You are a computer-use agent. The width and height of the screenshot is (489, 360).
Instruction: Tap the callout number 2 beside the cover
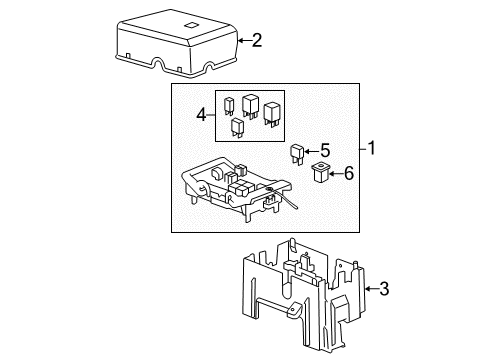(x=257, y=40)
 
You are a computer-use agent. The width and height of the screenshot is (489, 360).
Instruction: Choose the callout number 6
(x=349, y=174)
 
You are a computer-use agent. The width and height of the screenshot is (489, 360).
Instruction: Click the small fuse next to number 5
(x=297, y=153)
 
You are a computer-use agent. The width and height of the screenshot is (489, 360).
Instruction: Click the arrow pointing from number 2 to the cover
(x=242, y=40)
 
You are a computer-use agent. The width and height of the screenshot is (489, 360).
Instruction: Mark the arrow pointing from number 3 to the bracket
(x=367, y=290)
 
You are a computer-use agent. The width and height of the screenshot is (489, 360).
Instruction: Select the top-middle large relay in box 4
(x=250, y=104)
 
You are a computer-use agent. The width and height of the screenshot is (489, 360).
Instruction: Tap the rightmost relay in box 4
(x=271, y=113)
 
